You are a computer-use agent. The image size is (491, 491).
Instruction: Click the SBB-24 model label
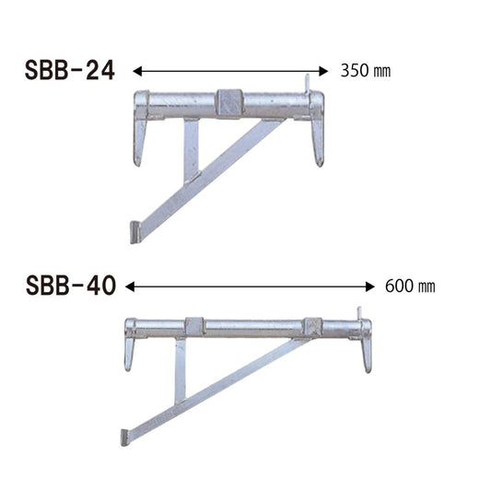[70, 70]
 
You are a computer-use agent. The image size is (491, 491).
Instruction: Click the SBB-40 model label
[71, 286]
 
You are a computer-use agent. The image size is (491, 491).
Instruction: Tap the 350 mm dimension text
[366, 71]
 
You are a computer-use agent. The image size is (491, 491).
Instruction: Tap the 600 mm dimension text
[410, 286]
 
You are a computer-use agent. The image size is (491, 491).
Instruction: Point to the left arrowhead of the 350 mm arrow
[137, 72]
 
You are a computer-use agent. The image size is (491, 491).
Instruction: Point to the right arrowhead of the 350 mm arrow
[323, 72]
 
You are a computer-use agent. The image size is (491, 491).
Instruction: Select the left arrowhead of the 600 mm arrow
[130, 286]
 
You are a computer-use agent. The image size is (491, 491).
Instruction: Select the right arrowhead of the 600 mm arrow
[369, 286]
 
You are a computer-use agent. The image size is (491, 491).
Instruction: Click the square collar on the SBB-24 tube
[230, 103]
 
